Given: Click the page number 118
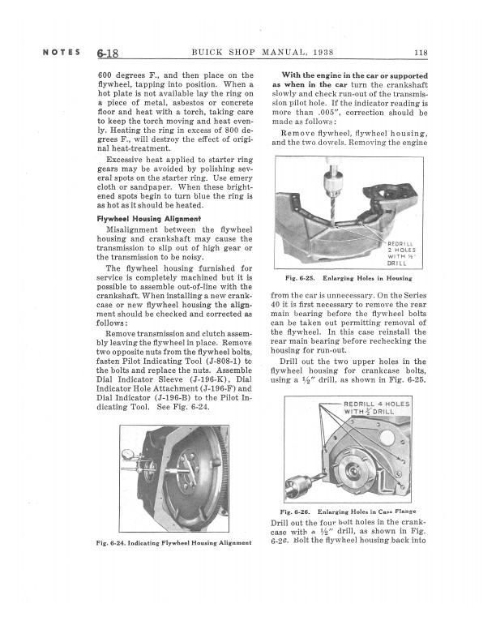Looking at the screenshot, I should [x=420, y=54].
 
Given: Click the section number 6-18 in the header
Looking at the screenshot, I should [x=107, y=54].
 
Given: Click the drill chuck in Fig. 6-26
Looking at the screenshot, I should [x=294, y=489].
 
